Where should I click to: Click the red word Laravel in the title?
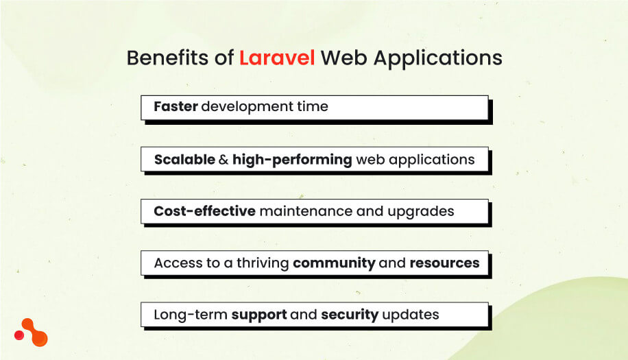click(277, 58)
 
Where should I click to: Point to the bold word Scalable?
click(184, 160)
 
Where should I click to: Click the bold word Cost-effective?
click(204, 211)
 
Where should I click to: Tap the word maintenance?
click(306, 211)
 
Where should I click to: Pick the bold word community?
click(334, 263)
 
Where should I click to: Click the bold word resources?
click(444, 263)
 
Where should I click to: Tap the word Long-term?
click(190, 315)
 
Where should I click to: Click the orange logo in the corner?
click(31, 332)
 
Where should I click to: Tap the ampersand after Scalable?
click(223, 160)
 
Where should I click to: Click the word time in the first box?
click(312, 107)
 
